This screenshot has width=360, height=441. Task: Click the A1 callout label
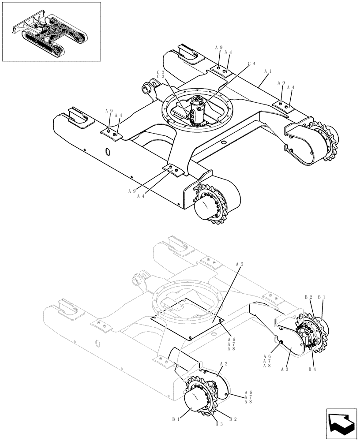(x=267, y=71)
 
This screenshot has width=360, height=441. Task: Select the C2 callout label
(x=160, y=72)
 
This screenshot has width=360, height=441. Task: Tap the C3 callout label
(x=160, y=77)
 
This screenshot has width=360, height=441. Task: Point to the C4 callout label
(x=251, y=64)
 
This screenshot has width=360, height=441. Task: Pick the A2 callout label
(x=223, y=364)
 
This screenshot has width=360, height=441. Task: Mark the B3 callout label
(x=219, y=424)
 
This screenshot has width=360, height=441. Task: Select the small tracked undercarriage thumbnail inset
(x=51, y=32)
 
